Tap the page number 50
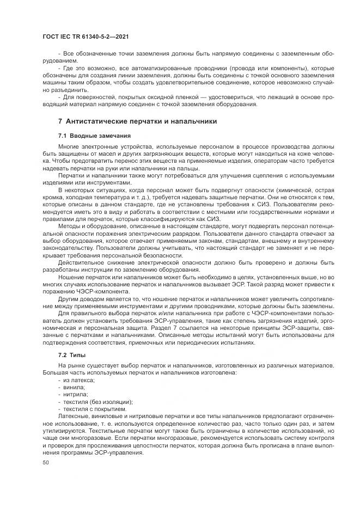click(45, 462)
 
